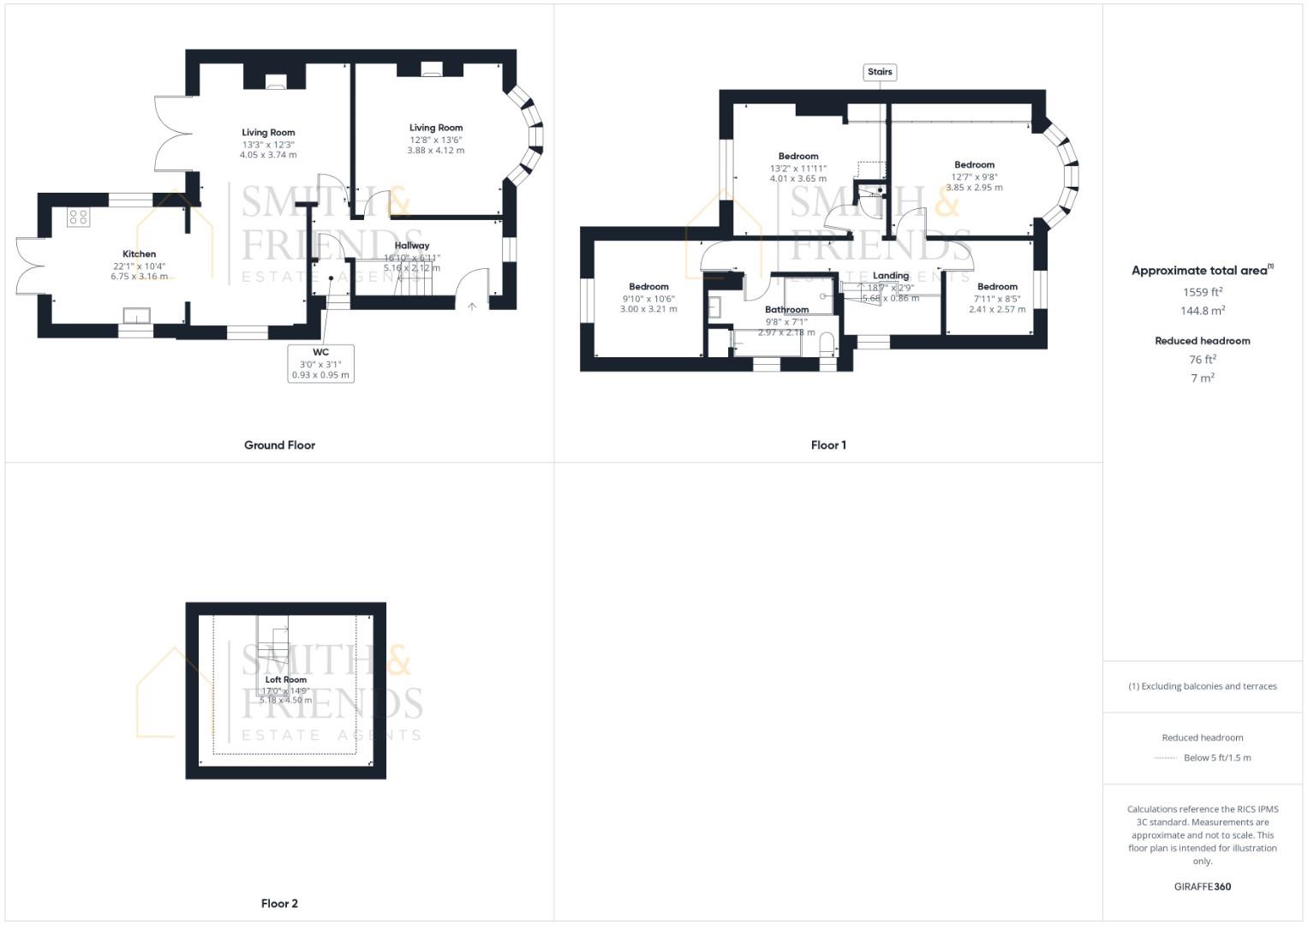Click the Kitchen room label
pos(139,254)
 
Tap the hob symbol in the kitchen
pos(78,218)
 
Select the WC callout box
pos(320,363)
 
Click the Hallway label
pos(412,246)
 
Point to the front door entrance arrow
pos(471,306)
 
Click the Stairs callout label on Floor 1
pos(880,72)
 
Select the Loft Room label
pos(285,679)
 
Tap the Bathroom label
pos(786,309)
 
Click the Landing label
pos(891,276)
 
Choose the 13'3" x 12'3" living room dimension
pos(268,145)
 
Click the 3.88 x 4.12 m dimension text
pos(436,151)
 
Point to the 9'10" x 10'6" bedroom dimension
pos(648,299)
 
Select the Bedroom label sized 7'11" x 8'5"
pos(997,287)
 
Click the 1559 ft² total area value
pos(1203,292)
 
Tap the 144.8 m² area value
pos(1203,311)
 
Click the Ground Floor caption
pos(279,445)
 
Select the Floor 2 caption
pos(279,904)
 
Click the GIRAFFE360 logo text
pos(1203,886)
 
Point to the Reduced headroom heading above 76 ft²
pos(1203,341)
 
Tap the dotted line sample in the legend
pos(1165,758)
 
